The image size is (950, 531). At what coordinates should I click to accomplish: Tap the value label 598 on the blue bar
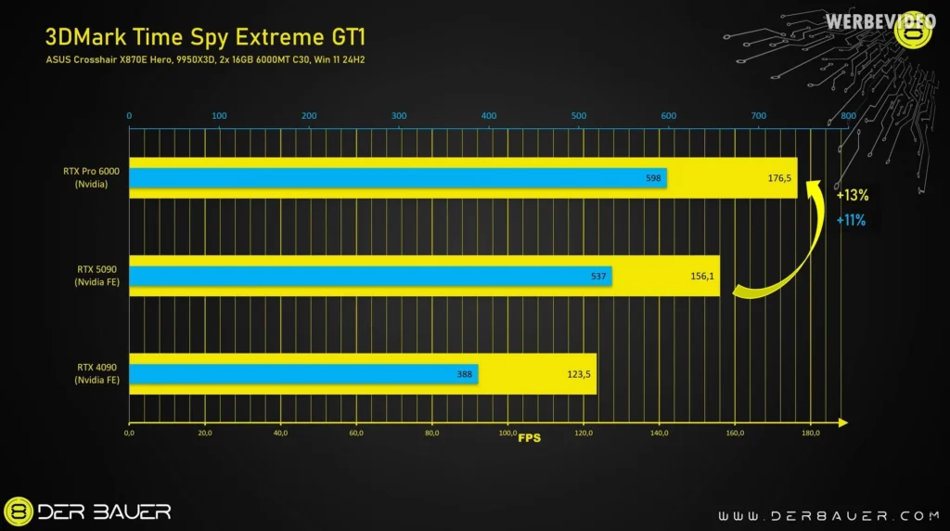tap(652, 177)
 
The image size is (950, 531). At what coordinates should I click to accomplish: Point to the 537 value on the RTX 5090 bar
tap(598, 276)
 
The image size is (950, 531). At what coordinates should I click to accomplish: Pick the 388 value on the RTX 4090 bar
tap(465, 375)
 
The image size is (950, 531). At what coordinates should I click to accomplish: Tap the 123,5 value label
tap(579, 375)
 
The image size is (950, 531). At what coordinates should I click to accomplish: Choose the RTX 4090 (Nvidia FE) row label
tap(97, 373)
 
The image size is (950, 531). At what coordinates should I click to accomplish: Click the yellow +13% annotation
tap(852, 197)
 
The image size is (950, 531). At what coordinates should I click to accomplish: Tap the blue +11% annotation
tap(851, 220)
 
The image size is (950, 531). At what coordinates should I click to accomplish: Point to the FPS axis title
tap(529, 437)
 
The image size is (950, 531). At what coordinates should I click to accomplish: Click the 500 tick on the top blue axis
tap(490, 116)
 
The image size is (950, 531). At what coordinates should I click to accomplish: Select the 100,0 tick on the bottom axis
tap(507, 433)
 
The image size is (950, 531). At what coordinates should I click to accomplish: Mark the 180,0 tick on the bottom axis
tap(810, 433)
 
